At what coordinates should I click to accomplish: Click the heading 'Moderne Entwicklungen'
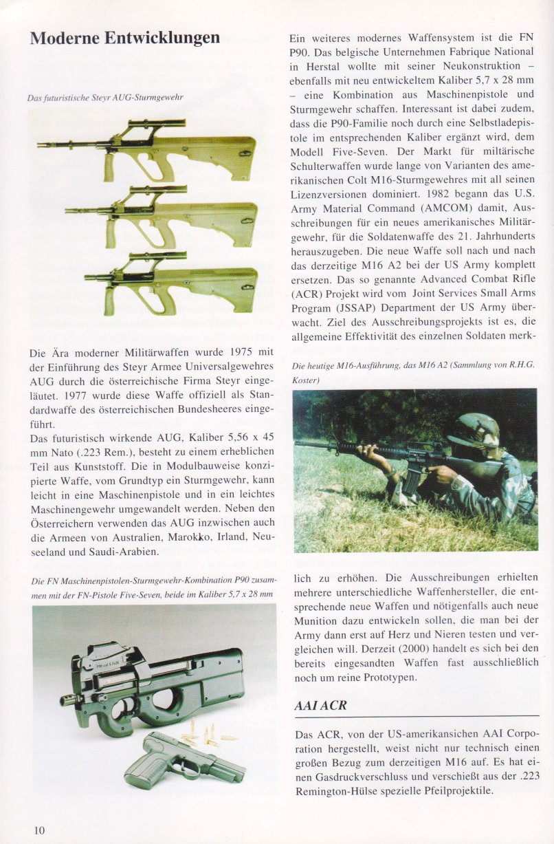(x=124, y=38)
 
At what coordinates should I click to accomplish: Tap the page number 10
(x=39, y=830)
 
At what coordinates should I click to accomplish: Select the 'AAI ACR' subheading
(x=320, y=706)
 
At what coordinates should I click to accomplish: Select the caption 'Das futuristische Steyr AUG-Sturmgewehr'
(x=105, y=98)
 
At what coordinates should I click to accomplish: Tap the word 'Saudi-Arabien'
(x=127, y=552)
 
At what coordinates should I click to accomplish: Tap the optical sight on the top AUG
(x=157, y=124)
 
